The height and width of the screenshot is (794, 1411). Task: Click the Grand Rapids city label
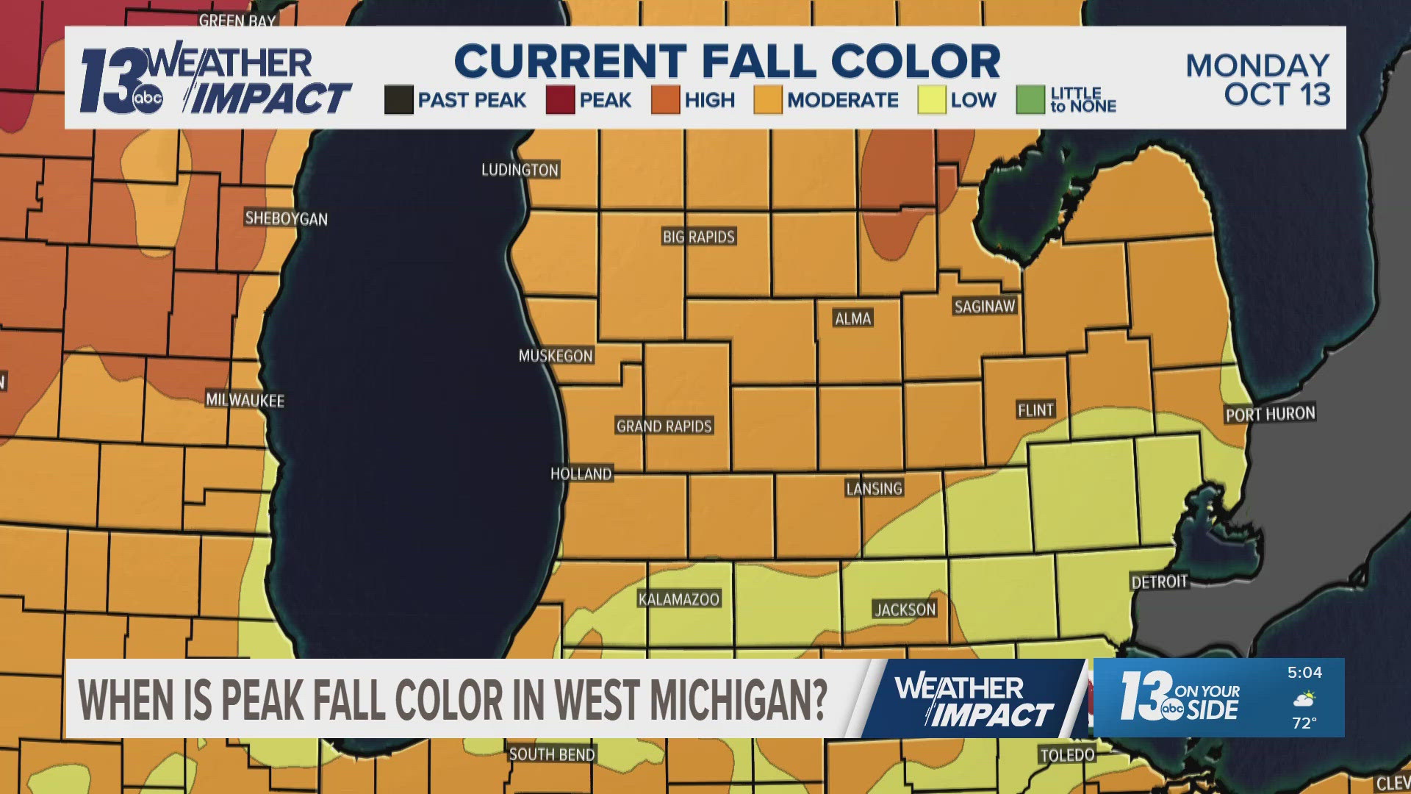(x=664, y=426)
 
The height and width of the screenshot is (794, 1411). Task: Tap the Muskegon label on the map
(x=556, y=356)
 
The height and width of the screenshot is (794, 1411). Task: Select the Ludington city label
(x=520, y=170)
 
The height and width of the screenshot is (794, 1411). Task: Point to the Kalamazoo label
(x=678, y=599)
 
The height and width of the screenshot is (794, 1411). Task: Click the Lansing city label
(x=874, y=488)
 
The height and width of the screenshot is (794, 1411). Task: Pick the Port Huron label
(x=1270, y=414)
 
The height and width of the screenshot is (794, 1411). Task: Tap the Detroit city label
(x=1159, y=582)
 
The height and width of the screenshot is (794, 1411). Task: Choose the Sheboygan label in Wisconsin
(x=286, y=218)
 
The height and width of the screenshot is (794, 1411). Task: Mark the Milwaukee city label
(x=245, y=400)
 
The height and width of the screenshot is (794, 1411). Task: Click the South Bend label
(x=552, y=754)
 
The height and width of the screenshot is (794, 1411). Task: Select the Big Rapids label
(x=698, y=237)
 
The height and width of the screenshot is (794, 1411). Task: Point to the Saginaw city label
(x=984, y=307)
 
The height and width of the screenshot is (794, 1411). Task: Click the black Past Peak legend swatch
(x=398, y=100)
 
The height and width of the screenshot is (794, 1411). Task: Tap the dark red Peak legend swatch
(x=560, y=100)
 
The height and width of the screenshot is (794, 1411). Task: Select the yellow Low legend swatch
(x=931, y=100)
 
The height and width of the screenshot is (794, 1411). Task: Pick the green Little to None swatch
(x=1030, y=100)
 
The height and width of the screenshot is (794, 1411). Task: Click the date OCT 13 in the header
(x=1277, y=95)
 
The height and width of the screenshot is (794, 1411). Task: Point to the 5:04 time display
(x=1304, y=673)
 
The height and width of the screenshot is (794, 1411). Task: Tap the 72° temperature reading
(x=1304, y=723)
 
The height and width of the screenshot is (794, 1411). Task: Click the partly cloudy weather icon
(x=1304, y=698)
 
